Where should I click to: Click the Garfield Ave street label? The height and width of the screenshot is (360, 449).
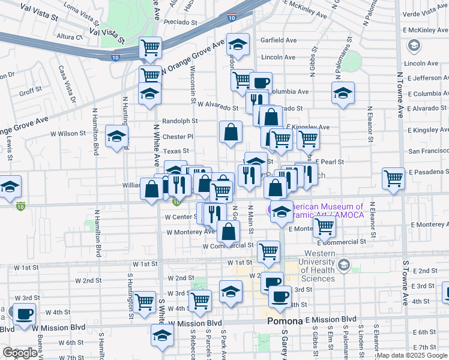point(279,41)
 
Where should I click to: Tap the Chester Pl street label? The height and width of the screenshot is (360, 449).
point(178,137)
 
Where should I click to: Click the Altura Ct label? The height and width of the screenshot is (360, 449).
point(69,37)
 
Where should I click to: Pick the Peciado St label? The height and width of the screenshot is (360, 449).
point(172,22)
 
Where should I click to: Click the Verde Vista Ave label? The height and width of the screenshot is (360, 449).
point(425,14)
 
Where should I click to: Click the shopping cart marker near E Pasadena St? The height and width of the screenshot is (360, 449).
point(393,178)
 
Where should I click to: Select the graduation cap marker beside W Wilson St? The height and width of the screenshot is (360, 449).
point(116,136)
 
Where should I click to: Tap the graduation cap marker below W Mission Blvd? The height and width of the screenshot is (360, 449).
point(161,335)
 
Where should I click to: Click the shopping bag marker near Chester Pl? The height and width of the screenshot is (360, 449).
point(231,131)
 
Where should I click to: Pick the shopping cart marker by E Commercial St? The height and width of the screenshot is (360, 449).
point(325,227)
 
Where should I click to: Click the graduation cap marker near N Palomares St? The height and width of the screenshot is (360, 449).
point(343,93)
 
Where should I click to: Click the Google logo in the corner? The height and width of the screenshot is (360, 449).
point(20,353)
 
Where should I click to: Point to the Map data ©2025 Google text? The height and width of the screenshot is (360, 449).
point(411,355)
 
